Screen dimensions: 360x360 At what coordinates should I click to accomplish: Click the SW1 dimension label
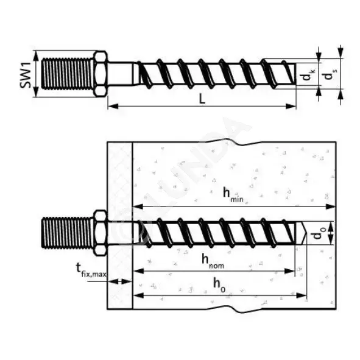pos(26,75)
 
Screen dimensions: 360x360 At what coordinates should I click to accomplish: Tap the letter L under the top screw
pos(202,99)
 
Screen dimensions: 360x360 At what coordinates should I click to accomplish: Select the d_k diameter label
pos(308,74)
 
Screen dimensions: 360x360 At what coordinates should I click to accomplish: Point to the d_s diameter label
pos(330,74)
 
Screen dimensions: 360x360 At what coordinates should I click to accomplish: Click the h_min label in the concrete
pos(233,195)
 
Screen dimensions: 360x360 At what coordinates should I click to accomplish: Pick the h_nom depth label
pos(213,261)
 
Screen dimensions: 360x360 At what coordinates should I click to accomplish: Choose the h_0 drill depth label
pos(219,284)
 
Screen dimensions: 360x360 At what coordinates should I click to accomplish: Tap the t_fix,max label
pos(91,270)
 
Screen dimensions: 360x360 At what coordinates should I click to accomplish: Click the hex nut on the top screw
pos(101,74)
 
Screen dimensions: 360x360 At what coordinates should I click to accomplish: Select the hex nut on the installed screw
pos(101,233)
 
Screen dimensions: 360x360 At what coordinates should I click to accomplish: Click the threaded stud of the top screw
pos(68,74)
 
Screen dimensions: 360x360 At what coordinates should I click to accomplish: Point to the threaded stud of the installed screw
pos(68,233)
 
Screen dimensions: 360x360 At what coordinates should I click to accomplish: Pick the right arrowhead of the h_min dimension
pos(331,207)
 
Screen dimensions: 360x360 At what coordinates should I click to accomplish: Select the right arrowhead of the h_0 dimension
pos(302,295)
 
